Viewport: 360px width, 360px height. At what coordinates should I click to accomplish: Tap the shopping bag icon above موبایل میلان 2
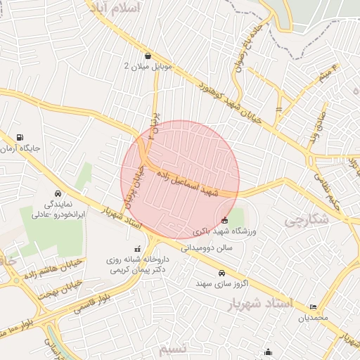[148, 56]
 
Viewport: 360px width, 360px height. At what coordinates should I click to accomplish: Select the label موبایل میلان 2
[148, 66]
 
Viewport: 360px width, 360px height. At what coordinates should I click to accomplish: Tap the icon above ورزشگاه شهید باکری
[224, 221]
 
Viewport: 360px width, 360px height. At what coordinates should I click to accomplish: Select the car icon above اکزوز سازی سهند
[221, 273]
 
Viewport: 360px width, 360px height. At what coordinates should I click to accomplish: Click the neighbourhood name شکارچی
[307, 219]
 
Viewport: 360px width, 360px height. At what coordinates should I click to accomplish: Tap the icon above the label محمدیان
[313, 307]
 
